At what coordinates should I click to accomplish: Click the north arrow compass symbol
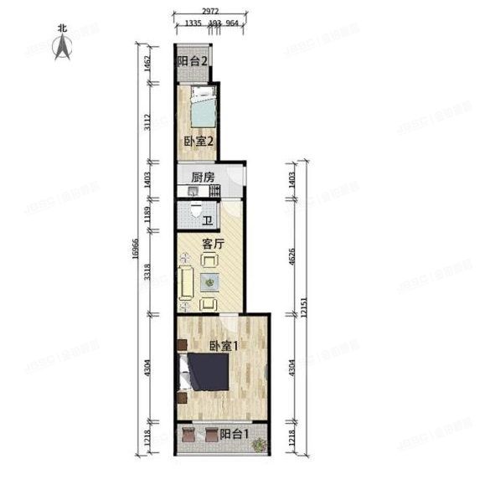[62, 45]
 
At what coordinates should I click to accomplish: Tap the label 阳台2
[192, 61]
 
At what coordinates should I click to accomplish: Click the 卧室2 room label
[199, 141]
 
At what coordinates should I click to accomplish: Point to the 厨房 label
[201, 177]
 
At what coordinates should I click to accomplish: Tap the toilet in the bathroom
[195, 214]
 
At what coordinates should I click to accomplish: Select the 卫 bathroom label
[208, 220]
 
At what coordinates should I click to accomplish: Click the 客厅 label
[214, 245]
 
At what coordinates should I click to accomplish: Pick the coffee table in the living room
[209, 283]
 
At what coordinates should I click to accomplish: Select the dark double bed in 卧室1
[206, 372]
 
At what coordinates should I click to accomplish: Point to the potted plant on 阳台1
[260, 443]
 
